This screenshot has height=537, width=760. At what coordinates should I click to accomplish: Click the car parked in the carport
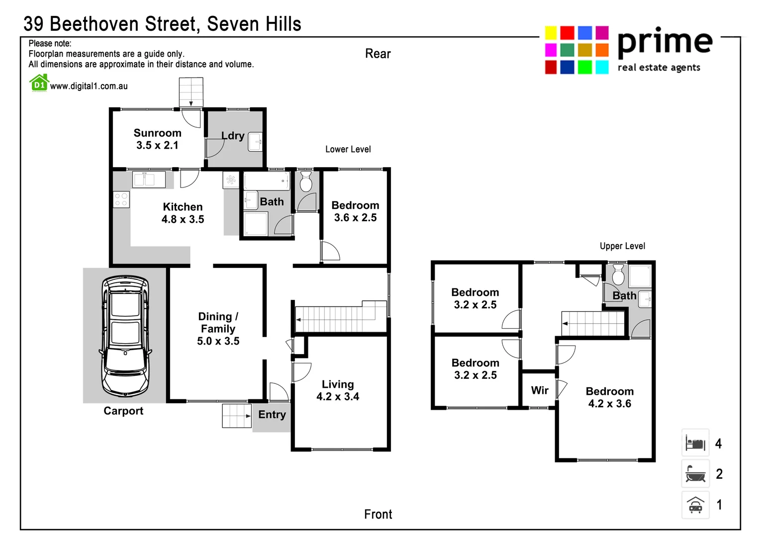[x=125, y=336]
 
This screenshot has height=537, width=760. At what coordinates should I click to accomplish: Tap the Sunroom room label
[x=157, y=139]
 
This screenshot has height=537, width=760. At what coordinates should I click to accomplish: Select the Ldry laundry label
[x=233, y=136]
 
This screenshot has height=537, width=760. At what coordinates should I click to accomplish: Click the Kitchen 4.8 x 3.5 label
[x=183, y=213]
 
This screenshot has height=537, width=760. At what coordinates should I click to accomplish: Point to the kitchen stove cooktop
[x=121, y=199]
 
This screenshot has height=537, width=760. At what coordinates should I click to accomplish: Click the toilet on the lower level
[x=306, y=182]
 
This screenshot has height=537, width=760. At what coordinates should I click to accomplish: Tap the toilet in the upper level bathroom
[x=618, y=274]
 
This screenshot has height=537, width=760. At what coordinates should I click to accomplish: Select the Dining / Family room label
[x=218, y=329]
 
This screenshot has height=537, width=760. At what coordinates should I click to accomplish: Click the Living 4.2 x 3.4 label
[x=338, y=390]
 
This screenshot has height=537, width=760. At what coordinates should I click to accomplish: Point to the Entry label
[x=272, y=415]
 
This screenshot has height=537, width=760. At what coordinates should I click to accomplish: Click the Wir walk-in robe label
[x=540, y=390]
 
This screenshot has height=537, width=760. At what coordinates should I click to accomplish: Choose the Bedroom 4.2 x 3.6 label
[x=609, y=397]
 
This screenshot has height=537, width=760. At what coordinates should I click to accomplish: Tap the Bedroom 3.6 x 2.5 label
[x=355, y=211]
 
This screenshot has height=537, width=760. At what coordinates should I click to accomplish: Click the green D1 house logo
[x=39, y=83]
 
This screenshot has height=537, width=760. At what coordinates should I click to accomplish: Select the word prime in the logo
[x=665, y=42]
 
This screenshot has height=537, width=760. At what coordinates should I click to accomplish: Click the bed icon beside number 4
[x=695, y=443]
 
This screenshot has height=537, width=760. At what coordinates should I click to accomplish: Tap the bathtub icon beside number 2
[x=695, y=474]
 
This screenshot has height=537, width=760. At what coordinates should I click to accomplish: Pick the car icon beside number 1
[x=695, y=505]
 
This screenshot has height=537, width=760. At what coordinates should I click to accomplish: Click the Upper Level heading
[x=622, y=246]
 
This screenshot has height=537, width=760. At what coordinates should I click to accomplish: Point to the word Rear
[x=378, y=54]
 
